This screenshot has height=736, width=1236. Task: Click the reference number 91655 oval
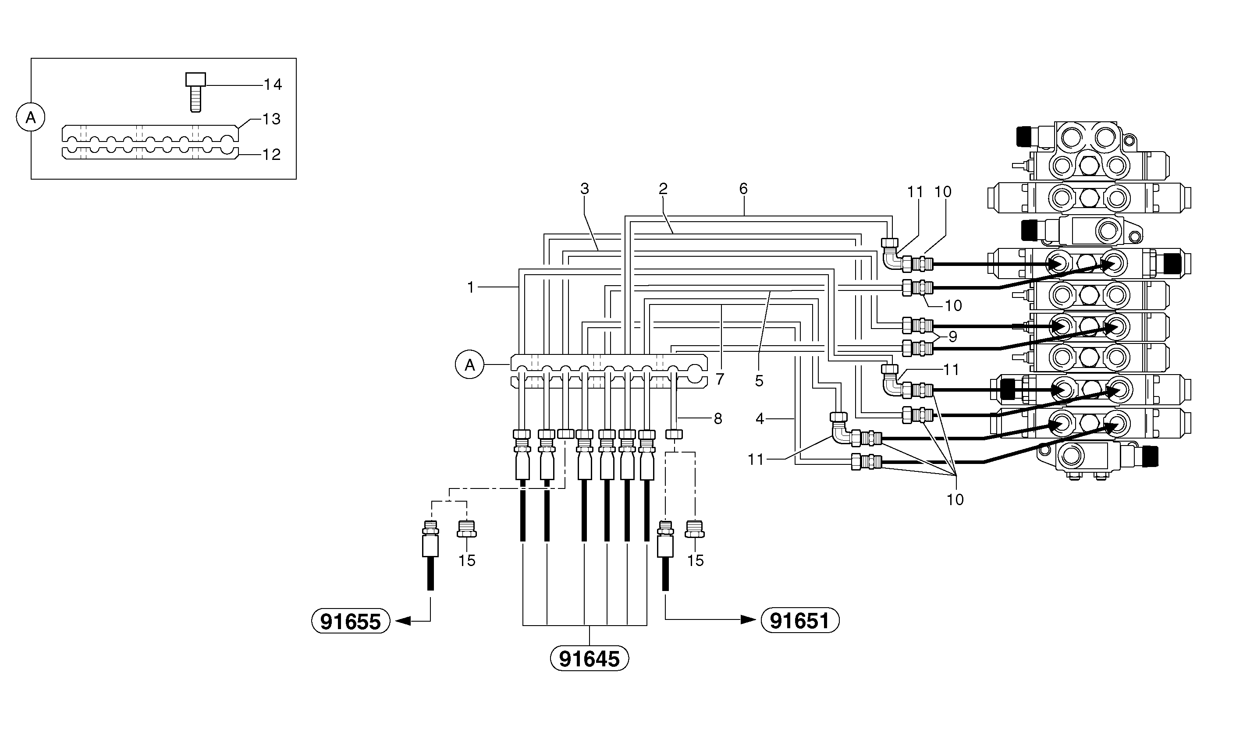pos(350,621)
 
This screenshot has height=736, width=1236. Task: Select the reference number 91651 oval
pos(800,620)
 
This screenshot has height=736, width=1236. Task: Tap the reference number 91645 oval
pos(589,658)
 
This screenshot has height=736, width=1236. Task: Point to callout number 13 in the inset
pos(271,119)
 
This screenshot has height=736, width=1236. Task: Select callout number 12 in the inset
pos(271,154)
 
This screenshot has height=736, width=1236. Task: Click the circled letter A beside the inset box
pos(31,117)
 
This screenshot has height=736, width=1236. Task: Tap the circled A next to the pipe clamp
pos(469,365)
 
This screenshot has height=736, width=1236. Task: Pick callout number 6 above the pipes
pos(743,188)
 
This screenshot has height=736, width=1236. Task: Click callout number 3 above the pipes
pos(585,188)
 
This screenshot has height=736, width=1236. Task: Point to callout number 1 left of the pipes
pos(471,287)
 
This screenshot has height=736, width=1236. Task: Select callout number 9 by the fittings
pos(953,337)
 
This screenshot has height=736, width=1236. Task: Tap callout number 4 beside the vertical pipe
pos(760,419)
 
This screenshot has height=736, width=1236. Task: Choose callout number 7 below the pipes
pos(720,379)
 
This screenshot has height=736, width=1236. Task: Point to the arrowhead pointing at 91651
pos(748,619)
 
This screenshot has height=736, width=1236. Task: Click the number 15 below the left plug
pos(467,560)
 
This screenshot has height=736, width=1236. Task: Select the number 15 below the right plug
pos(695,560)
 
